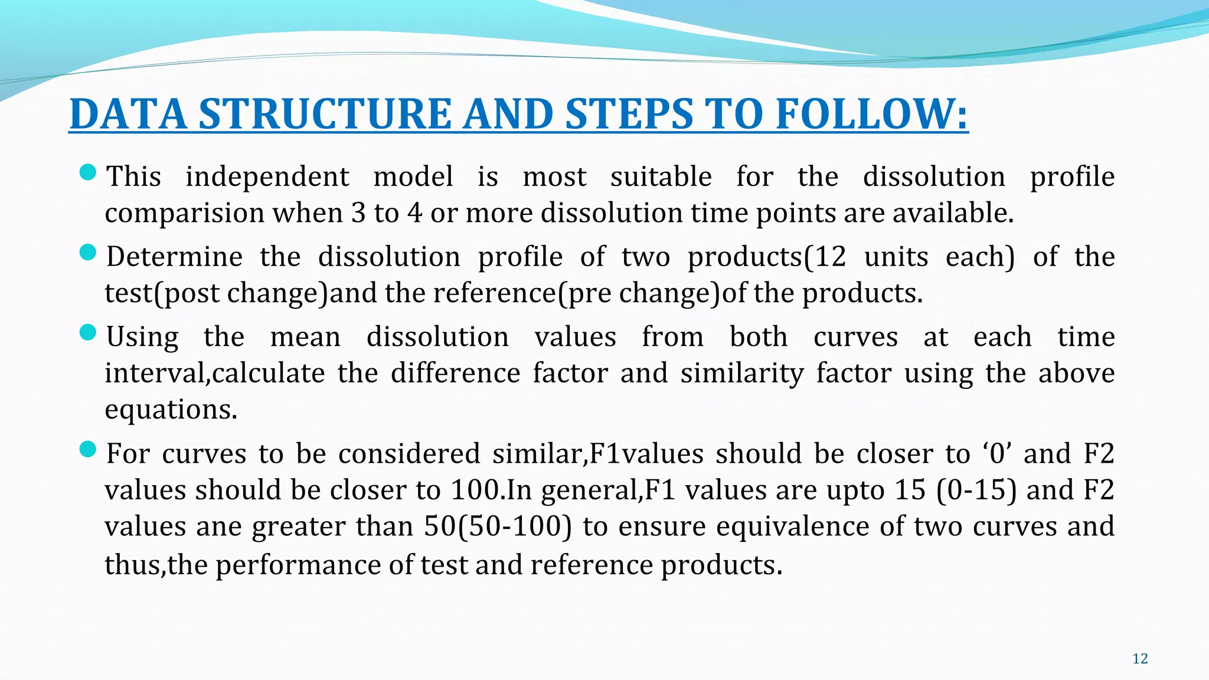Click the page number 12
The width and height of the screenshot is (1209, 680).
point(1140,659)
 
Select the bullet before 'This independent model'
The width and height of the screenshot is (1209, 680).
point(87,173)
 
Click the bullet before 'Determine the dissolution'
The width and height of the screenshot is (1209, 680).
point(87,253)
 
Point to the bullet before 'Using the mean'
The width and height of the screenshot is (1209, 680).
point(87,333)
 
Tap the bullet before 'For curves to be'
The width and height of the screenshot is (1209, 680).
point(87,450)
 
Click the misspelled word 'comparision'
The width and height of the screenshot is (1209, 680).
point(184,213)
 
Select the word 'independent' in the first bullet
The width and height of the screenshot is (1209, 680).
point(267,176)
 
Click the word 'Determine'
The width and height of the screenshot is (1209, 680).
point(174,257)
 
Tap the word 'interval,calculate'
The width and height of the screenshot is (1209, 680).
point(214,373)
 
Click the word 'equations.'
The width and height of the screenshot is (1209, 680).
point(171,410)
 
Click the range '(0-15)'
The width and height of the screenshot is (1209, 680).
point(976,490)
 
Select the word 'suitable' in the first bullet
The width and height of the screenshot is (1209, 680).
point(661,176)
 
